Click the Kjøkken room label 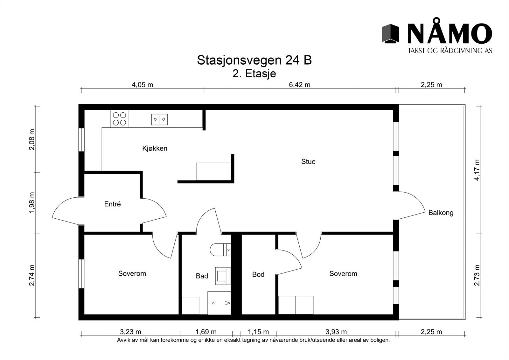(155, 148)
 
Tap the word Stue (308, 162)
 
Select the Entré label (113, 204)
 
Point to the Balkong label (441, 213)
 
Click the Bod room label (258, 274)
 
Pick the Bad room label (202, 276)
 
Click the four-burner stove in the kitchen (119, 119)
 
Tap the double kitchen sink (159, 120)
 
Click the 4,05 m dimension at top (142, 85)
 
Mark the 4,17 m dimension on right (477, 170)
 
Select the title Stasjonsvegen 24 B (254, 60)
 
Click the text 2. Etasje (254, 74)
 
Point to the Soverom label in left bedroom (132, 273)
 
